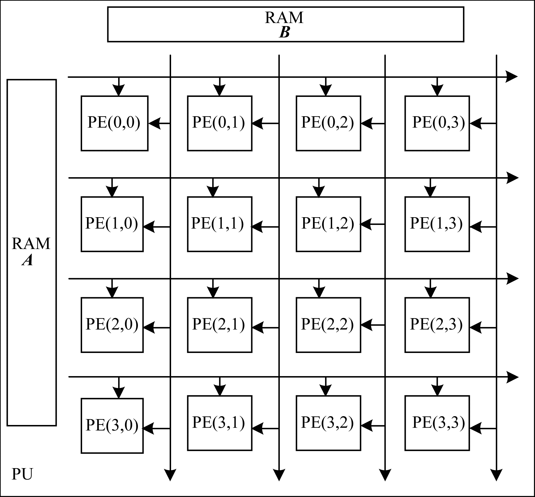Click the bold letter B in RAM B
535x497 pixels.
point(284,32)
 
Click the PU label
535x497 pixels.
point(22,474)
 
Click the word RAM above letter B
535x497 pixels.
point(284,18)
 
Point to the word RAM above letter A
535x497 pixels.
point(31,244)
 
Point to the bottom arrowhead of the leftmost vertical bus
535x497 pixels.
point(170,475)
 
